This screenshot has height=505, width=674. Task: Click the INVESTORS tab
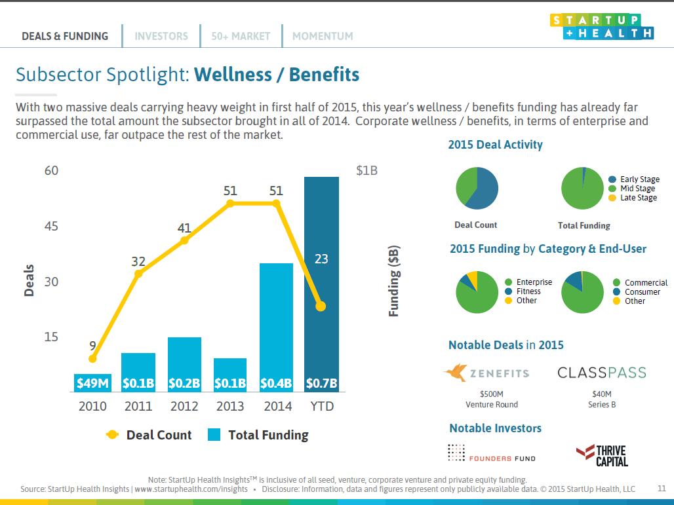(161, 36)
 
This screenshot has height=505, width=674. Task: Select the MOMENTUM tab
(323, 36)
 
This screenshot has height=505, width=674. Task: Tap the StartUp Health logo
(602, 27)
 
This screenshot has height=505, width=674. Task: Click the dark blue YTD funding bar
(321, 284)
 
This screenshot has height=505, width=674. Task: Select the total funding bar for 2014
(277, 327)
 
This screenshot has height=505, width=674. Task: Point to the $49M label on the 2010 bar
(92, 383)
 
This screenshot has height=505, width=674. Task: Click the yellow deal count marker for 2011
(138, 273)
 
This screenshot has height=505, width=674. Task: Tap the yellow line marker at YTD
(321, 306)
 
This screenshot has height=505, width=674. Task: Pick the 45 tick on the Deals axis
(51, 227)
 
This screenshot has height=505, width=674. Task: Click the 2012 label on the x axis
(184, 406)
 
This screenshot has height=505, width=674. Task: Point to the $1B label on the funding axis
(367, 171)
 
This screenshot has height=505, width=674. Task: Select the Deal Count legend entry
(149, 435)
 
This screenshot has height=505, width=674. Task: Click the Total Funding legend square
(214, 434)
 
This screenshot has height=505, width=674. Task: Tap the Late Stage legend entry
(633, 198)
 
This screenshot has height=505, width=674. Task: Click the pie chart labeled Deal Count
(477, 188)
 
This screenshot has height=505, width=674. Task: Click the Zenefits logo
(486, 372)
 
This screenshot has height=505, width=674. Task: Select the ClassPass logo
(602, 372)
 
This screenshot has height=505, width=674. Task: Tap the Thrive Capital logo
(603, 456)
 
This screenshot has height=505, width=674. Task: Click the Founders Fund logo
(492, 453)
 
